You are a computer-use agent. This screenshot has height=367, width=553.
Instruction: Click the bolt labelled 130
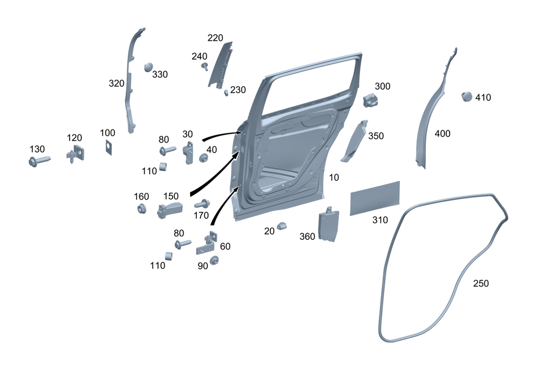[38, 161]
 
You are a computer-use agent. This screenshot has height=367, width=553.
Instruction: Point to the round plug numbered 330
[148, 67]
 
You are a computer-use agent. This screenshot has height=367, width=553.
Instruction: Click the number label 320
[117, 83]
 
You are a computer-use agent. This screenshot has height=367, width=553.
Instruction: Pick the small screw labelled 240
[205, 67]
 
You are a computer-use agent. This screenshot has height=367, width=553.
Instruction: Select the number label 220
[215, 38]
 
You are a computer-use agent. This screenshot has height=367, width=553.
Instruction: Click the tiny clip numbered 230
[226, 92]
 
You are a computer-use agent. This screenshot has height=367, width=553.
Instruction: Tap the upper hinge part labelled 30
[189, 151]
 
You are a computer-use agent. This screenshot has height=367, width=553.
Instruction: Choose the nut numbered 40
[204, 159]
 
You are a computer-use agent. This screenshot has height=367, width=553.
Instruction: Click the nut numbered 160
[140, 209]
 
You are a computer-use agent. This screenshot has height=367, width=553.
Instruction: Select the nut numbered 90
[214, 259]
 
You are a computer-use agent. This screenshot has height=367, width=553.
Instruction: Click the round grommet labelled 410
[466, 97]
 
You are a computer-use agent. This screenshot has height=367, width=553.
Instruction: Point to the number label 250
[481, 284]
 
